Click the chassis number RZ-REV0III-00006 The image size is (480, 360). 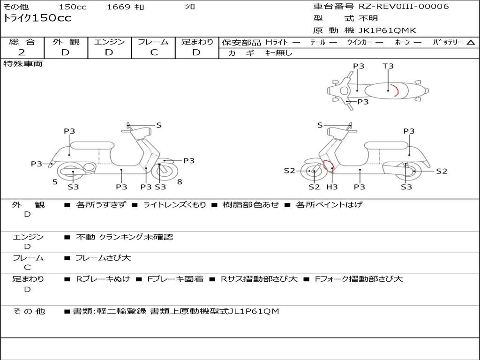pyautogui.click(x=404, y=7)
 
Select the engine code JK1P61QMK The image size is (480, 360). pyautogui.click(x=387, y=31)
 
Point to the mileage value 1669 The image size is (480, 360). pyautogui.click(x=119, y=7)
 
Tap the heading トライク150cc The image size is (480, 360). pyautogui.click(x=37, y=18)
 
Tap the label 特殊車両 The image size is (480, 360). pyautogui.click(x=23, y=64)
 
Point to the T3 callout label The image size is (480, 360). pyautogui.click(x=388, y=66)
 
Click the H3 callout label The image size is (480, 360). pyautogui.click(x=332, y=187)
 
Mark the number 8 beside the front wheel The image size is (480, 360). pyautogui.click(x=180, y=182)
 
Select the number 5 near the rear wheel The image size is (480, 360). pyautogui.click(x=55, y=182)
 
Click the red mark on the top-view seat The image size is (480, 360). pyautogui.click(x=396, y=90)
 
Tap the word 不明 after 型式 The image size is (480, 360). pyautogui.click(x=368, y=19)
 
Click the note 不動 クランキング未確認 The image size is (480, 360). pyautogui.click(x=124, y=237)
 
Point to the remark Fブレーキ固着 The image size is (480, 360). pyautogui.click(x=175, y=279)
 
